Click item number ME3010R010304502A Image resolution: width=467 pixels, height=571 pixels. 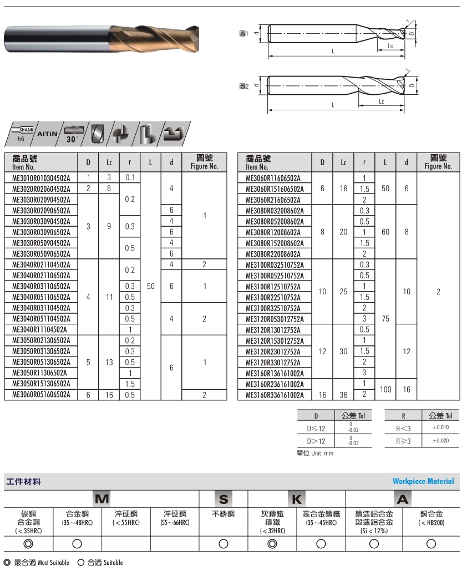(41, 178)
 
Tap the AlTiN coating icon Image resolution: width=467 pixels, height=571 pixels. (48, 134)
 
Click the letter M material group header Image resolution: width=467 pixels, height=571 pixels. (101, 499)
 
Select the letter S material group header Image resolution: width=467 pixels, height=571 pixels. (224, 499)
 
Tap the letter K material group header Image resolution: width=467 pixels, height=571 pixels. (296, 499)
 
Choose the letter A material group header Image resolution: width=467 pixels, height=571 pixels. (403, 499)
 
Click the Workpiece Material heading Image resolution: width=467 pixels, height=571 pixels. (423, 481)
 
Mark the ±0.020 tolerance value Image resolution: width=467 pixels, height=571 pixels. (441, 441)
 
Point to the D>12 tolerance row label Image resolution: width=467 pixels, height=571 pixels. (317, 441)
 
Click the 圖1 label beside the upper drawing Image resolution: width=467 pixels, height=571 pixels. (242, 34)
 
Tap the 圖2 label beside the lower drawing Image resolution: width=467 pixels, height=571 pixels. (242, 86)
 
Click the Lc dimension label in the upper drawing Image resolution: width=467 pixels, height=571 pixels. (390, 47)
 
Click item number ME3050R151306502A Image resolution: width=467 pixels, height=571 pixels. (41, 384)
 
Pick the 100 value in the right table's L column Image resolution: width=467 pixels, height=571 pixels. (385, 389)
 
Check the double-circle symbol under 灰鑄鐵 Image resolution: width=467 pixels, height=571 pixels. (272, 543)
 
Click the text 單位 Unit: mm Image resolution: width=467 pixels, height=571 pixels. (316, 453)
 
